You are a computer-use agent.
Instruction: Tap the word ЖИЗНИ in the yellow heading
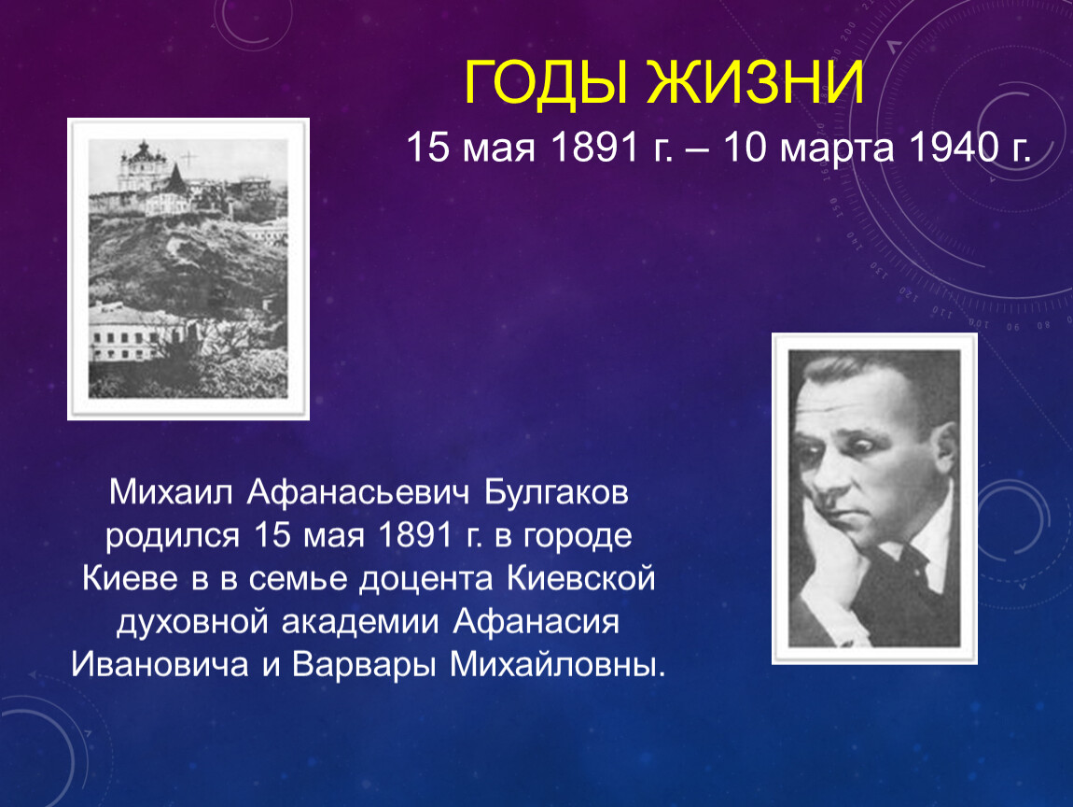click(756, 82)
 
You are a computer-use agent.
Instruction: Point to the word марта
click(836, 149)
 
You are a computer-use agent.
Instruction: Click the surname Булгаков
click(556, 492)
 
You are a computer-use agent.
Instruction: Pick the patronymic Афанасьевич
click(358, 492)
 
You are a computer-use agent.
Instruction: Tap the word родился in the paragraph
click(173, 537)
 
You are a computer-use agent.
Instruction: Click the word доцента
click(425, 579)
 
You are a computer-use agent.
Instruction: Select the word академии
click(360, 623)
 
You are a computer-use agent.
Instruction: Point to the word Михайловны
click(557, 664)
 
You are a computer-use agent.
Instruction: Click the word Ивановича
click(160, 664)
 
